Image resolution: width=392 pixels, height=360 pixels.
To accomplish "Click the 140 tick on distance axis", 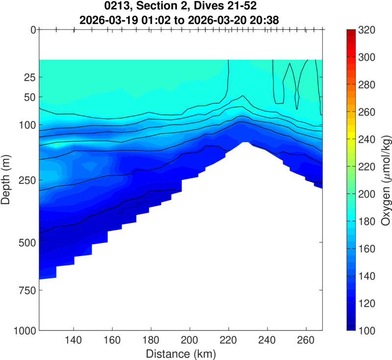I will pyautogui.click(x=73, y=340).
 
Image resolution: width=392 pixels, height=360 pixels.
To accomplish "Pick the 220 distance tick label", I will pyautogui.click(x=228, y=340).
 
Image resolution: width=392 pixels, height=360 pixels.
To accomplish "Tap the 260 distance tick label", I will pyautogui.click(x=306, y=340).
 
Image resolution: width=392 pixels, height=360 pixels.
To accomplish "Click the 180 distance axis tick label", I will pyautogui.click(x=151, y=340).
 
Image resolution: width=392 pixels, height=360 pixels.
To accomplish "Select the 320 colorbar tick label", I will pyautogui.click(x=367, y=30).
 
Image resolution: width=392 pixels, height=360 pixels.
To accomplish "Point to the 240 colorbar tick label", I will pyautogui.click(x=367, y=140).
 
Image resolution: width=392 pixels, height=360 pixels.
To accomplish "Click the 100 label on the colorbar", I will pyautogui.click(x=367, y=331).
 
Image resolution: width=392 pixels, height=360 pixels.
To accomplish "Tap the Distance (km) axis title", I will pyautogui.click(x=180, y=353).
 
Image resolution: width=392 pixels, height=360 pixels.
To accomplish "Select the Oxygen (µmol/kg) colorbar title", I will pyautogui.click(x=385, y=180).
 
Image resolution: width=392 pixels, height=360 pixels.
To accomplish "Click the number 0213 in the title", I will pyautogui.click(x=115, y=8).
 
